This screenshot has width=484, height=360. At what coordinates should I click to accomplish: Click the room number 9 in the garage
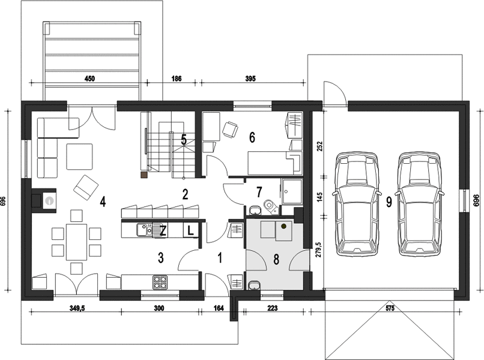pyautogui.click(x=389, y=202)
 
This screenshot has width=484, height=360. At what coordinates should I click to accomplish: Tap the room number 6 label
pyautogui.click(x=252, y=137)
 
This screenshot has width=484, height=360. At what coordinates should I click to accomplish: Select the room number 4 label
pyautogui.click(x=103, y=202)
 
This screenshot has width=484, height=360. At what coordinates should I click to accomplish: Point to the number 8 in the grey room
pyautogui.click(x=276, y=260)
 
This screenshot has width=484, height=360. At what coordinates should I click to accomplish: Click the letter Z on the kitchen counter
pyautogui.click(x=163, y=231)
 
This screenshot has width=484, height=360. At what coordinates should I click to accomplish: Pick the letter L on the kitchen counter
pyautogui.click(x=191, y=230)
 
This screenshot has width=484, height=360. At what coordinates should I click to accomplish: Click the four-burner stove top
pyautogui.click(x=160, y=282)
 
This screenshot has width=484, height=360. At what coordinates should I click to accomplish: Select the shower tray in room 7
pyautogui.click(x=291, y=191)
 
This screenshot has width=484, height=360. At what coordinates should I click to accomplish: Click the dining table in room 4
pyautogui.click(x=76, y=242)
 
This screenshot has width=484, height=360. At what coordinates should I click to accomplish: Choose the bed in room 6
pyautogui.click(x=274, y=163)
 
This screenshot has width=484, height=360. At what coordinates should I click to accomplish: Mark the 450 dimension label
pyautogui.click(x=89, y=79)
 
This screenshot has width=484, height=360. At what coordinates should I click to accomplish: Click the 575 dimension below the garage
pyautogui.click(x=390, y=308)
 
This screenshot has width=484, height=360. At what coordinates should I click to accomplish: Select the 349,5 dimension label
pyautogui.click(x=75, y=308)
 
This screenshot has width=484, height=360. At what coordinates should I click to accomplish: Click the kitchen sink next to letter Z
pyautogui.click(x=144, y=230)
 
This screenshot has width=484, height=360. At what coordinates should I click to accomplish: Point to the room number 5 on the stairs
pyautogui.click(x=184, y=140)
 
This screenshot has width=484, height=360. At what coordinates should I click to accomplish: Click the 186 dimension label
pyautogui.click(x=177, y=79)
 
